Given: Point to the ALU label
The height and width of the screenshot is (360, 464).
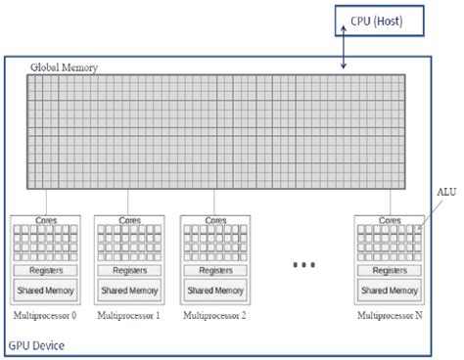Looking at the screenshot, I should point(445,193).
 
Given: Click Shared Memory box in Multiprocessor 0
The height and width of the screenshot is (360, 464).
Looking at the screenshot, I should point(45,290).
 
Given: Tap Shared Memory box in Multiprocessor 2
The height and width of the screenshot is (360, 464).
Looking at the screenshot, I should point(213,290).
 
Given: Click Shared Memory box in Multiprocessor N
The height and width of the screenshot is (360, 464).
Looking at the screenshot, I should point(389,290).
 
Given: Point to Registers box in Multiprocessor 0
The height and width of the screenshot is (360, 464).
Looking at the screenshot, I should point(45,269).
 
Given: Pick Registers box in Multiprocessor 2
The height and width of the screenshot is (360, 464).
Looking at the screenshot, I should point(213,269).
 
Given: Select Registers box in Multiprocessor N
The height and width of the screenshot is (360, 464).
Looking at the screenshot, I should point(389,269).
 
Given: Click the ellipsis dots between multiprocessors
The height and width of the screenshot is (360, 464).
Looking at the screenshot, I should point(303,264).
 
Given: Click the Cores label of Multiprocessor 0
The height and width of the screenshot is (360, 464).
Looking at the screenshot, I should point(45,222).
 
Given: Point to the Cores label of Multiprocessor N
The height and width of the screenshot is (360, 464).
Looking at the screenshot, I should point(389,222).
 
